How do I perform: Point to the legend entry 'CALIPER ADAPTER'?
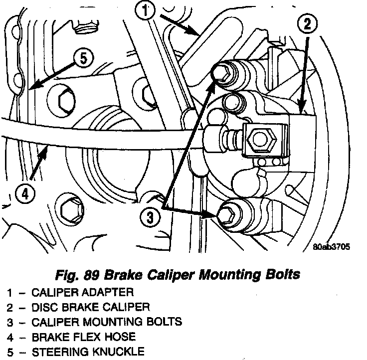tap(83, 292)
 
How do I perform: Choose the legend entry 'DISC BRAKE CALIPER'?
tap(90, 307)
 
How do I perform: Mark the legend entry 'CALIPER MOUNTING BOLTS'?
tap(107, 322)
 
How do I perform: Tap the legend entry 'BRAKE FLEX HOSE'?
tap(83, 337)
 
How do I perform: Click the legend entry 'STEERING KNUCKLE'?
tap(88, 352)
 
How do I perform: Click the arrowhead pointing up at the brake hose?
tap(43, 151)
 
